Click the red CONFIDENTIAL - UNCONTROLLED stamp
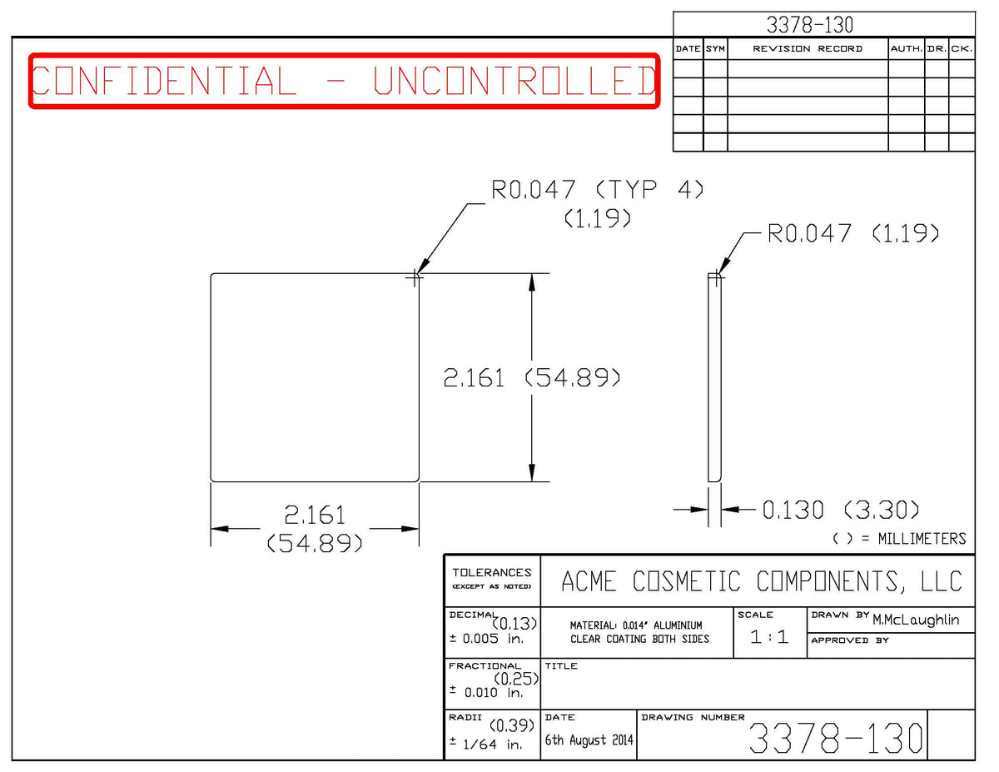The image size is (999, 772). pos(345,81)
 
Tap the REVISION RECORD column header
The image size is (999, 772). pos(808,49)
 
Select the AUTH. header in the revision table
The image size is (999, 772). pos(906,49)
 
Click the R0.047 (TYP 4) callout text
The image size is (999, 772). pos(597,189)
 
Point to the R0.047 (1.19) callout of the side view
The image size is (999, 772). pos(852,233)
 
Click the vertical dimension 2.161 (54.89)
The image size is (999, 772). pos(531,377)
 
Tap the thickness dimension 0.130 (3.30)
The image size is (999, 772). pos(841,510)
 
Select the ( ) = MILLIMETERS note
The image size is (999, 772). pos(899,539)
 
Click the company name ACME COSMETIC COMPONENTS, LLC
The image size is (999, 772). pos(762,580)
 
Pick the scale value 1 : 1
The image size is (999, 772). pos(769,637)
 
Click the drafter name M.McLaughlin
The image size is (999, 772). pos(916,620)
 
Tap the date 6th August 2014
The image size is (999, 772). pos(589,740)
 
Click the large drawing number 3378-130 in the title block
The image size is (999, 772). pos(836,738)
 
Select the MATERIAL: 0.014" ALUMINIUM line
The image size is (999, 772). pos(636,625)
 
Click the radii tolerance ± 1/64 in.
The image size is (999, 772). pos(486,744)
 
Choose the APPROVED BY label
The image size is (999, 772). pos(850,640)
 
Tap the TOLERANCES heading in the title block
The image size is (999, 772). pos(492,572)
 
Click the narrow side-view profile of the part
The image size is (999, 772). pos(714,377)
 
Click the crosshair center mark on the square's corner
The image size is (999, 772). pos(415,277)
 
